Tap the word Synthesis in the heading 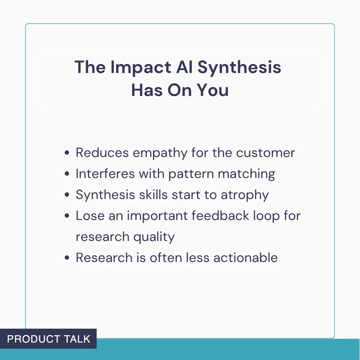239,67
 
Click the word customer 265,153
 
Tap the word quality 154,237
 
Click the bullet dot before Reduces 67,153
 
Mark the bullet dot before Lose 67,216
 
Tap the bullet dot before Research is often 67,258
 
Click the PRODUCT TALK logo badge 48,339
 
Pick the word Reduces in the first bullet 102,153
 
